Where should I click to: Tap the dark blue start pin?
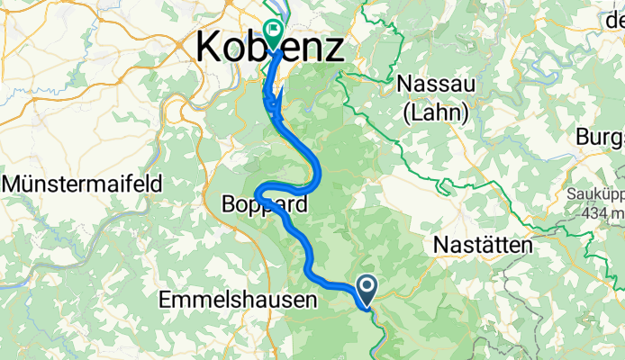point(368,288)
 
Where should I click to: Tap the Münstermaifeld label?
point(83,184)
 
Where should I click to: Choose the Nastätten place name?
point(482,245)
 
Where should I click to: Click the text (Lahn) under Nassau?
point(437,112)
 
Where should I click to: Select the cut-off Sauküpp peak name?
point(596,193)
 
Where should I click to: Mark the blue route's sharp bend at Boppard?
point(258,193)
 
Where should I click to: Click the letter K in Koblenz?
point(208,47)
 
